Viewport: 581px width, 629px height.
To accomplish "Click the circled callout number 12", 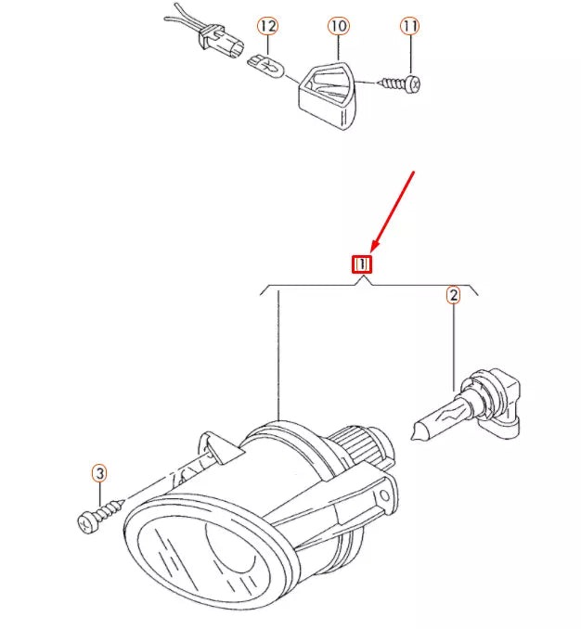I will click(x=267, y=26).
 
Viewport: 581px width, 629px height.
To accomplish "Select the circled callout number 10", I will click(x=338, y=26).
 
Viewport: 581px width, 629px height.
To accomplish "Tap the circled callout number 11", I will click(x=410, y=26).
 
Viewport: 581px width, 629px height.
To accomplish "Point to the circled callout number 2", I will click(x=453, y=296).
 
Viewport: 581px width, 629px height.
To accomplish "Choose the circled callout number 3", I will click(x=99, y=473).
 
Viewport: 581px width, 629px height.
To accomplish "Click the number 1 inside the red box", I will click(x=362, y=264).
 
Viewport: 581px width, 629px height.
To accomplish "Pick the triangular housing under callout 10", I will click(x=329, y=89).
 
